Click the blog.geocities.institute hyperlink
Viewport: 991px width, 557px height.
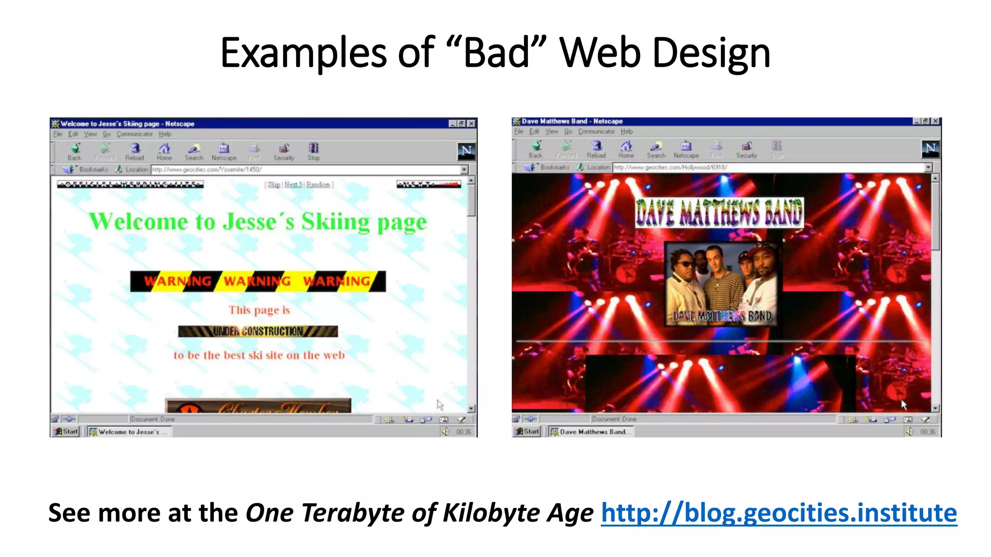pos(779,513)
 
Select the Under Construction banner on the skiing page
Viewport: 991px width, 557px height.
pos(258,331)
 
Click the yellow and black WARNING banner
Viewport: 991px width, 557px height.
pos(258,281)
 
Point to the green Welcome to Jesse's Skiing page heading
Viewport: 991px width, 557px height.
pos(258,222)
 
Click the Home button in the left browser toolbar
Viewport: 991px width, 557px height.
pos(165,151)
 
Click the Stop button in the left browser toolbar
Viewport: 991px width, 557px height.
pos(314,151)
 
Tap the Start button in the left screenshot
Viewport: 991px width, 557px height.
pos(66,431)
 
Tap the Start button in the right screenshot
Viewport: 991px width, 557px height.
pos(527,431)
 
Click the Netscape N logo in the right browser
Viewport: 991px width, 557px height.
pos(930,148)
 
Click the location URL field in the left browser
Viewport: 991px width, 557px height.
pos(305,170)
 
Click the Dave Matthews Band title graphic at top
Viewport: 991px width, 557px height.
pos(719,213)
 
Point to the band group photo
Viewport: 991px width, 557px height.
pos(721,283)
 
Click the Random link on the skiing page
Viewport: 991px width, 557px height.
pos(318,185)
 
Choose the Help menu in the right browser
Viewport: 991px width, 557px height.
pos(627,132)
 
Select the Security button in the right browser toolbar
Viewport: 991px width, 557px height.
pos(747,149)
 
